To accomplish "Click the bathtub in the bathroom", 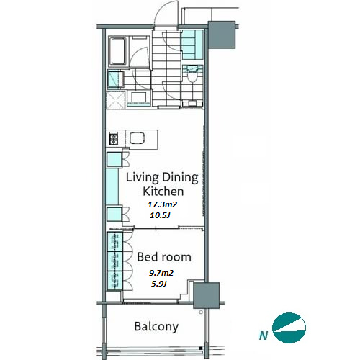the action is coord(118,51).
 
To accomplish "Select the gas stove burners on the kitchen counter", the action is coord(114,139).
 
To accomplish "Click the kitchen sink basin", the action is coord(137,138).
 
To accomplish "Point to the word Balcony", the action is coord(156,327).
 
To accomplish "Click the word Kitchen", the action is coord(163,192).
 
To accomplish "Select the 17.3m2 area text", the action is coord(162,204).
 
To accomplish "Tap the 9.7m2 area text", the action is coord(161,273).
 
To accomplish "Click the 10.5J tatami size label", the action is coord(160,215).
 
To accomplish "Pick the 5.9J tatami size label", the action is coord(159,284).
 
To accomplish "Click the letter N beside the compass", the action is coord(264,336).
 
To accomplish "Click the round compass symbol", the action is coord(289,328).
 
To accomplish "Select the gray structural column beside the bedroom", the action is coord(207,295).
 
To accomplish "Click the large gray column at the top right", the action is coord(222,35).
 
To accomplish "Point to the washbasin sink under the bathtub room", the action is coord(139,97).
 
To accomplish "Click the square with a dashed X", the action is coord(115,100).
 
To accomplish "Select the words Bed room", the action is coord(164,257).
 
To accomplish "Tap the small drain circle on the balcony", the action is coord(201,312).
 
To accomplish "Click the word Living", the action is coord(143,178).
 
